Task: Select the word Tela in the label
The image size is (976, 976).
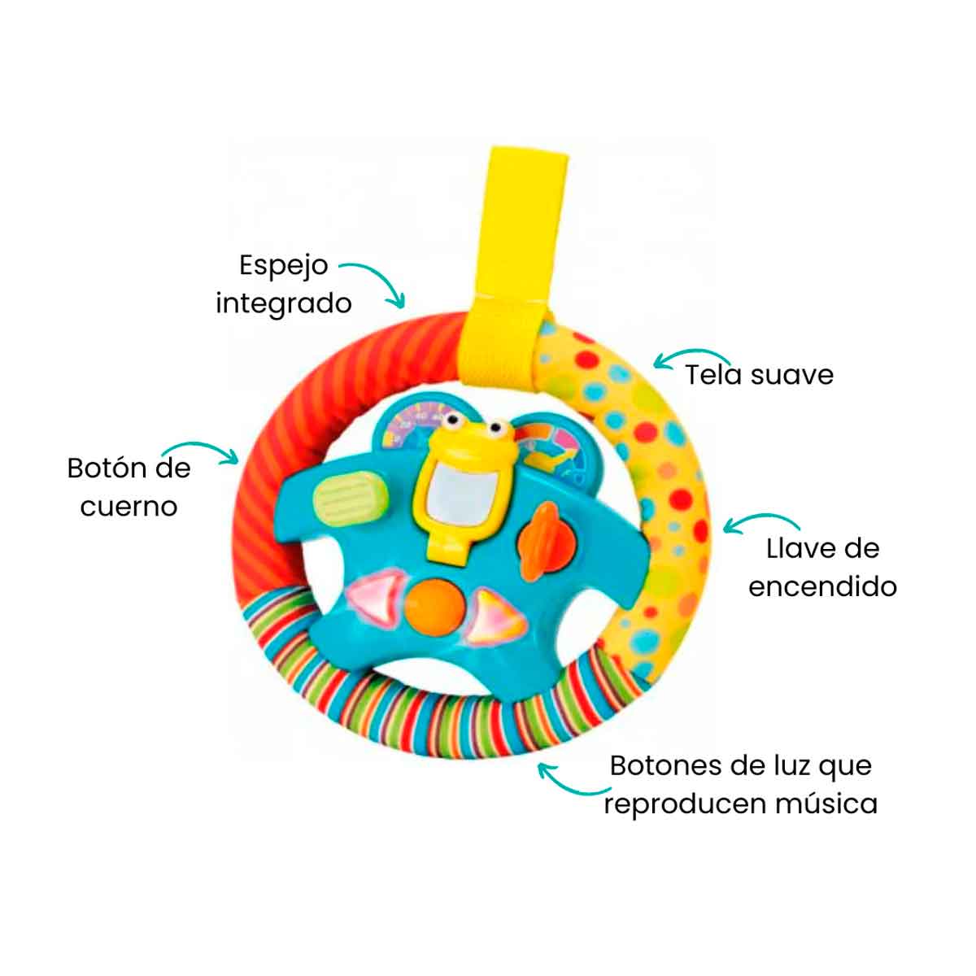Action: point(714,375)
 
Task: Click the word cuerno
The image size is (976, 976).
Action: point(129,508)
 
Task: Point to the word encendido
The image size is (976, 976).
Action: point(822,587)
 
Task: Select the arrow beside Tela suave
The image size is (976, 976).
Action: point(691,354)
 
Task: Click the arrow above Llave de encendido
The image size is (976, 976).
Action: point(760,519)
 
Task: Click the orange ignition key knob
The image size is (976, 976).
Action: point(538,541)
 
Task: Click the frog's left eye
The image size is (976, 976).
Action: point(451,420)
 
